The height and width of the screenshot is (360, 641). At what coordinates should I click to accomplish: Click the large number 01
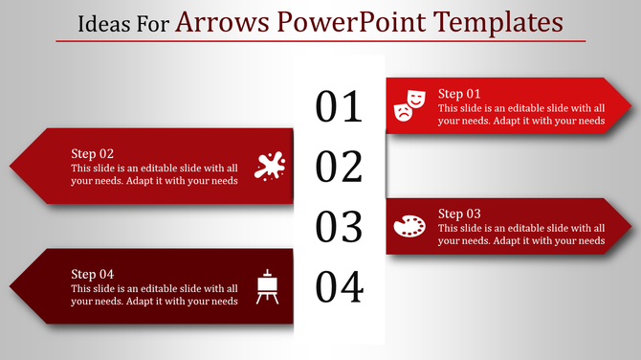(340, 107)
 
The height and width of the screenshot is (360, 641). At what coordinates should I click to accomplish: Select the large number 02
(340, 167)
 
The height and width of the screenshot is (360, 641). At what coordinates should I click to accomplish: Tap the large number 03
(340, 227)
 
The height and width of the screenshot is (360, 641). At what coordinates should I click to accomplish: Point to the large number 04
(340, 286)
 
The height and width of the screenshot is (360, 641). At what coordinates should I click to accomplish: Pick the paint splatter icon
(269, 166)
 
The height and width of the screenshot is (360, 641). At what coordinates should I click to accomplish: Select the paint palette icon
(409, 226)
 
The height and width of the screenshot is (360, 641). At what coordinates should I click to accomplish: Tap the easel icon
(268, 286)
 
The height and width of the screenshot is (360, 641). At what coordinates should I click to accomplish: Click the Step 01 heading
(459, 94)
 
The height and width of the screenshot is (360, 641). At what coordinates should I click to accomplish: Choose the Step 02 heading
(93, 153)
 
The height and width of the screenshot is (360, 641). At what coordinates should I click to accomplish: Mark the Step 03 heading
(459, 214)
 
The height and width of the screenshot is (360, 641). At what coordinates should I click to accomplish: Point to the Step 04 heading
(93, 274)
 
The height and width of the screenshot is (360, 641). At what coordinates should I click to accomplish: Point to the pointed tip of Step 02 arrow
(11, 166)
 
